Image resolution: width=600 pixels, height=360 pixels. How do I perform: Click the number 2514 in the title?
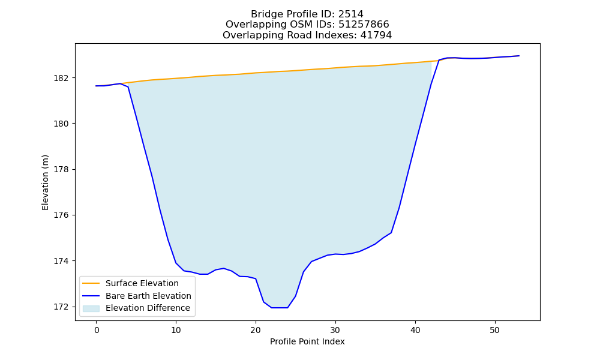pos(350,14)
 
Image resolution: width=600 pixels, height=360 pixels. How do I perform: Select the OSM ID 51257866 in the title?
pos(364,25)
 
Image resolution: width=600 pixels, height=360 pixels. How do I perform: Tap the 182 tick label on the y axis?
pos(61,78)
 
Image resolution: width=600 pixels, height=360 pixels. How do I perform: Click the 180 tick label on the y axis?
pos(61,124)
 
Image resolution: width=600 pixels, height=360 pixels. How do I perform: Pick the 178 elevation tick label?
pos(61,169)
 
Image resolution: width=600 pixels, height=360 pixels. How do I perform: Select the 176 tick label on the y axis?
pos(61,215)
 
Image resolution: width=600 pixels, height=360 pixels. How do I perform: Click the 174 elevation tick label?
pos(61,261)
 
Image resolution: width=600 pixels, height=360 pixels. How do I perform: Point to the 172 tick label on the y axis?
pos(61,307)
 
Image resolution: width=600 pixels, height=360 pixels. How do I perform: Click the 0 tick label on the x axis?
pos(96,330)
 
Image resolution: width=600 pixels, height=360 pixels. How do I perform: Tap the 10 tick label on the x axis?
pos(176,330)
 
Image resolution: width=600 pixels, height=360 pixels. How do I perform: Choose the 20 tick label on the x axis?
pos(256,330)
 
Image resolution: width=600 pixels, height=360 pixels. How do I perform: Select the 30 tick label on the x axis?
pos(335,330)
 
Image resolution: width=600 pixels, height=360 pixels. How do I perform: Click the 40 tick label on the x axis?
pos(415,330)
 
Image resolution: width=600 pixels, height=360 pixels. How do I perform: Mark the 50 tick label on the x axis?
pos(495,330)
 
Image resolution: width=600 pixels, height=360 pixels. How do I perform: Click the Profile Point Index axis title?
pos(307,341)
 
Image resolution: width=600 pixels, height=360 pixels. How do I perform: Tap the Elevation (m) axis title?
pos(46,182)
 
